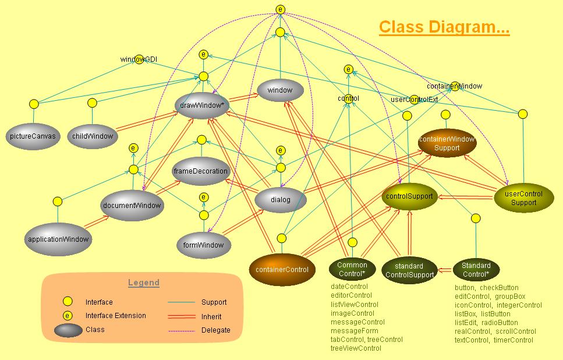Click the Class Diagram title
444,27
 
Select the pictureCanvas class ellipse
33,136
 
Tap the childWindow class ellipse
93,136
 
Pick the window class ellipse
280,91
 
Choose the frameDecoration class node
201,172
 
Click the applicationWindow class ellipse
58,239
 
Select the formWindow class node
204,245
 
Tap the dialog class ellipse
281,200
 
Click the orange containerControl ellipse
282,269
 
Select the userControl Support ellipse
523,198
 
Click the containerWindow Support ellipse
447,143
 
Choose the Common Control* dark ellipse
352,269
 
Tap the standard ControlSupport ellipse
409,270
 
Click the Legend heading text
143,283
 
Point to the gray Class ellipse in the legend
68,330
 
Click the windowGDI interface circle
139,59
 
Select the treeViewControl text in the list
356,348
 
